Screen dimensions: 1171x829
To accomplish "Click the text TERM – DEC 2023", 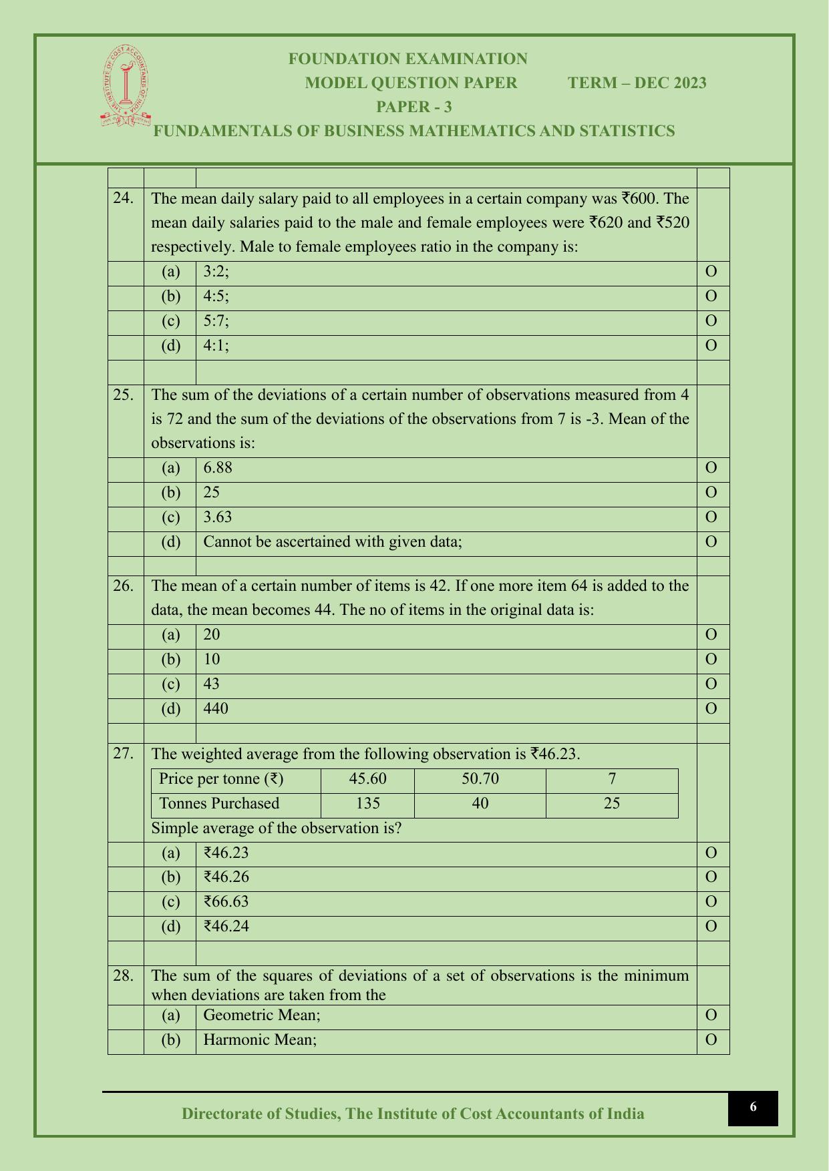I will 637,83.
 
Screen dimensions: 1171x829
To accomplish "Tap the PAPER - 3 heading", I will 414,107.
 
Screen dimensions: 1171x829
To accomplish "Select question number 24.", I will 123,198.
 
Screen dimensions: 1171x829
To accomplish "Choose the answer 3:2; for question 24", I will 216,272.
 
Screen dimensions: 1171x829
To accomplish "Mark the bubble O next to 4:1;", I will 711,346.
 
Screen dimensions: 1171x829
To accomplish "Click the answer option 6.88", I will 218,468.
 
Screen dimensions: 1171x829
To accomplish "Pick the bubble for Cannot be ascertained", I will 711,541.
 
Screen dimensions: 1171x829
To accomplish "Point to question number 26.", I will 123,585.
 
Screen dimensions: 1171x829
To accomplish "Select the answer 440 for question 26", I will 216,708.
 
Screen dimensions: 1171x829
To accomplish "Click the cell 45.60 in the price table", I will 367,779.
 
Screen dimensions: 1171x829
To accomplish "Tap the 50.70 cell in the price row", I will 480,779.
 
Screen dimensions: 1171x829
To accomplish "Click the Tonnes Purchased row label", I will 219,803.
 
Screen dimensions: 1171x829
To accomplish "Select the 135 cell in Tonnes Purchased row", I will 367,803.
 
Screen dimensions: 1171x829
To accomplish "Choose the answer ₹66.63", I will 226,902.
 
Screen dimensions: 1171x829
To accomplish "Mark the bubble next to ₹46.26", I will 711,877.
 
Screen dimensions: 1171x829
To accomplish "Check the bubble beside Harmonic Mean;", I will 711,1040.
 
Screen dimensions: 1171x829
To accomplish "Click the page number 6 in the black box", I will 753,1107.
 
